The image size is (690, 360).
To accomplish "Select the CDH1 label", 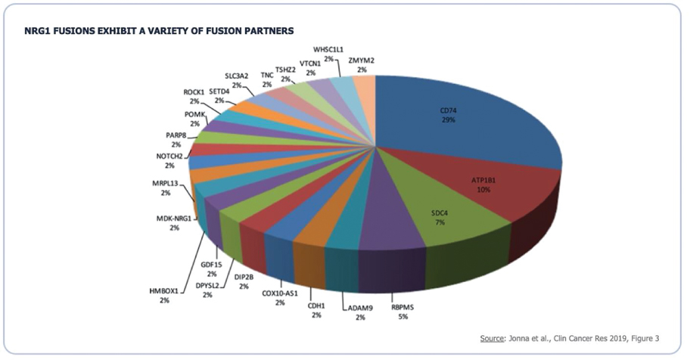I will pos(316,305).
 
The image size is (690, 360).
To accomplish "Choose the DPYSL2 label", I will pos(207,286).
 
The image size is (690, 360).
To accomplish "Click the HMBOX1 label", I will pos(165,290).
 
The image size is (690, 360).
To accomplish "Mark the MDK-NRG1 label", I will pos(174,218).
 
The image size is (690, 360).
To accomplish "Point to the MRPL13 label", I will pos(166,184).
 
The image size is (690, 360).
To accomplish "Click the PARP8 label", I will pos(176,135).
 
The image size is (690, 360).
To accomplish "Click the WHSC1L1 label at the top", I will pos(328,49).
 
